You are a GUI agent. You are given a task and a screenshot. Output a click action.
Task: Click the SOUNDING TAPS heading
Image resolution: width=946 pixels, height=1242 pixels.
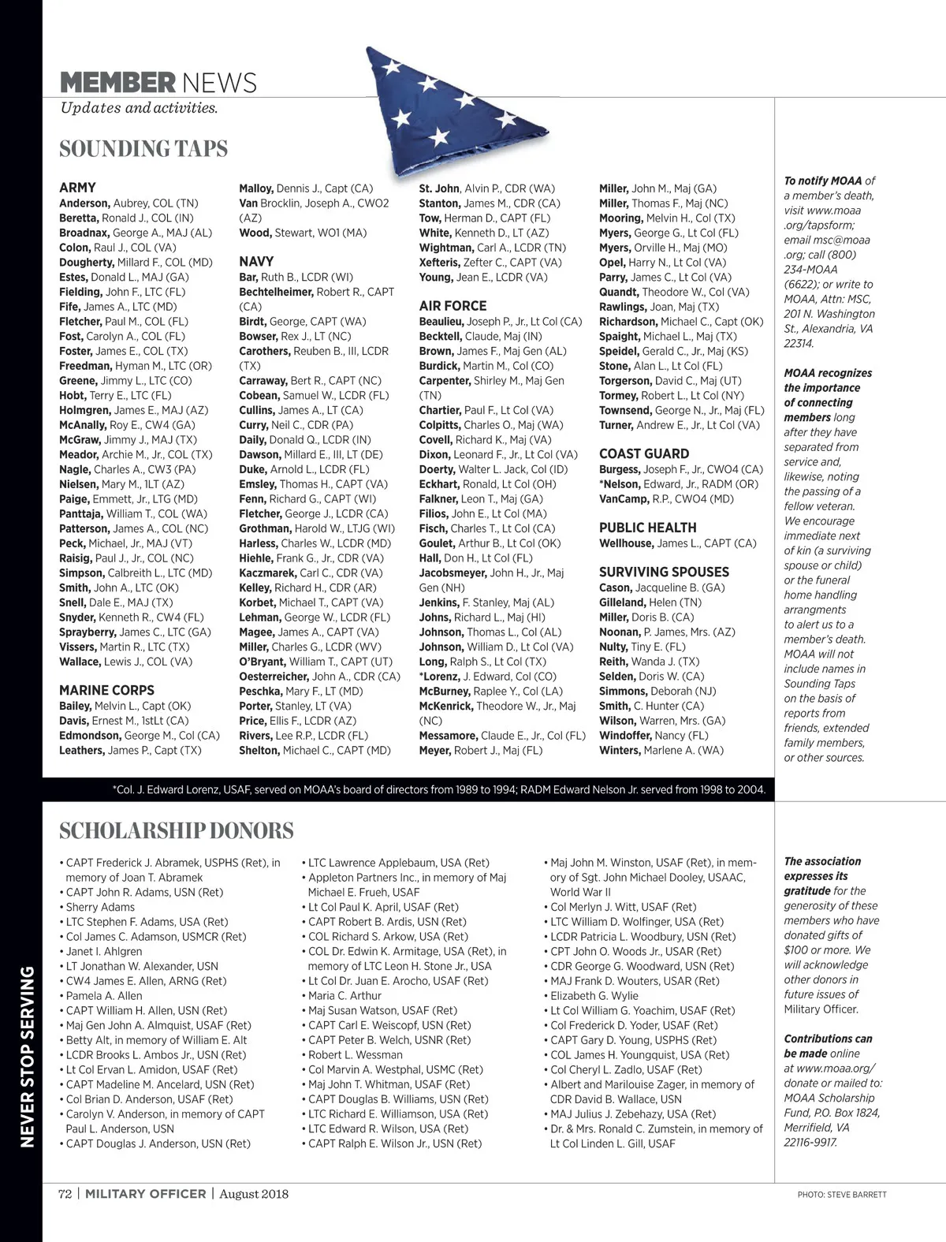tap(143, 149)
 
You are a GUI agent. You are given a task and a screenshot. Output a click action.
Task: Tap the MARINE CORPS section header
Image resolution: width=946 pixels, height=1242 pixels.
tap(106, 690)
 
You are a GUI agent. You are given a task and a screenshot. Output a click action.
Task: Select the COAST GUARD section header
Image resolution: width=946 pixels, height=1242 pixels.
tap(643, 453)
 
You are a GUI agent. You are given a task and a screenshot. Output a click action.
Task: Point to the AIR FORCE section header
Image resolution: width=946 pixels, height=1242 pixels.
tap(453, 306)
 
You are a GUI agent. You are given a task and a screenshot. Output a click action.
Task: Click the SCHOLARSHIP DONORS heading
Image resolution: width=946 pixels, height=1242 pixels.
tap(177, 830)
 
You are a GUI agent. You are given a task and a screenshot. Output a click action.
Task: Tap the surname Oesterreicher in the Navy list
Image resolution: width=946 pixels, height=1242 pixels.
tap(274, 677)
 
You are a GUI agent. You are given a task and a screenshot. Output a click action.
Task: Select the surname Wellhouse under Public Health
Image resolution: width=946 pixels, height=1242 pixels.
tap(626, 543)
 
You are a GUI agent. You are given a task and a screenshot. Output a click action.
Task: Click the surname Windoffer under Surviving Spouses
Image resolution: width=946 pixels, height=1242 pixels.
tap(625, 736)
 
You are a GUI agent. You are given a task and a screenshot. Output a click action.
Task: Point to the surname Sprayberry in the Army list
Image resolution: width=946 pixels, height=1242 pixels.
tap(86, 632)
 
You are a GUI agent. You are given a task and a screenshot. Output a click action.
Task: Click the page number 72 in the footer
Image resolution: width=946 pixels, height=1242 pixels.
tap(65, 1194)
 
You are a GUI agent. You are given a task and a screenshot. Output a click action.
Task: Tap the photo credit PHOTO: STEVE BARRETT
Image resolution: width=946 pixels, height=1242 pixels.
tap(841, 1195)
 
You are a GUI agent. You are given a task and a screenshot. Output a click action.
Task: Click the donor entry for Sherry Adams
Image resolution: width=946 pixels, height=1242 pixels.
tap(100, 907)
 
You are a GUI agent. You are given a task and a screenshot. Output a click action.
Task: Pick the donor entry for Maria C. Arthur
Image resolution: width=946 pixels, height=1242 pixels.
tap(345, 996)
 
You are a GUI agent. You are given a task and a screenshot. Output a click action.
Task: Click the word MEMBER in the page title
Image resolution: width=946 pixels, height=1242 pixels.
tap(117, 82)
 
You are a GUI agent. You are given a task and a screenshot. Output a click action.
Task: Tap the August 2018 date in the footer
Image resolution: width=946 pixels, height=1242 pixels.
tap(254, 1194)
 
